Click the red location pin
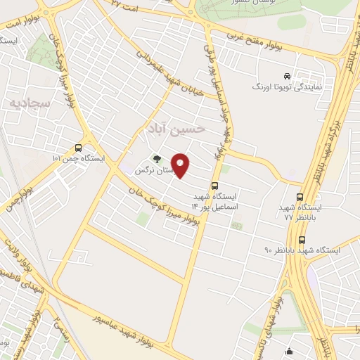181,166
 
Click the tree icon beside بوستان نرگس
157,159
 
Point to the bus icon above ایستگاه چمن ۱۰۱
77,148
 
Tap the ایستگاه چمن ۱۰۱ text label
77,158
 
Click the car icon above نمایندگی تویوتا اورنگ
287,76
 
